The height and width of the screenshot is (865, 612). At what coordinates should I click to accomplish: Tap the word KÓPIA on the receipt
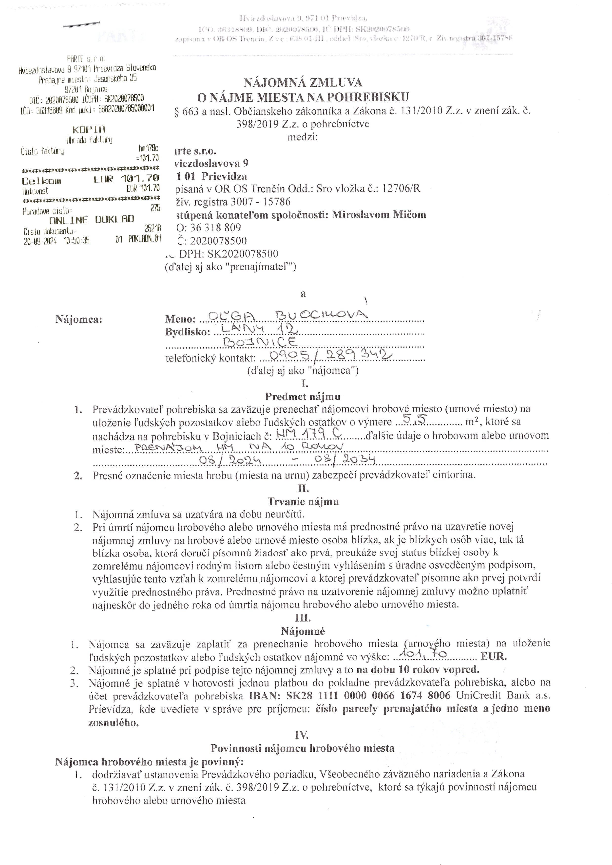pos(89,130)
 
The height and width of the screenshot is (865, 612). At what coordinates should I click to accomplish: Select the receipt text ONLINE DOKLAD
pos(92,219)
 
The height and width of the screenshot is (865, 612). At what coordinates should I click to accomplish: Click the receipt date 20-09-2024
pos(40,241)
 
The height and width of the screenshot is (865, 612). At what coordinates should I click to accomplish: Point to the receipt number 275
pos(155,208)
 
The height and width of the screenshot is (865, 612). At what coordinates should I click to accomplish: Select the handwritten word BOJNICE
pos(260,342)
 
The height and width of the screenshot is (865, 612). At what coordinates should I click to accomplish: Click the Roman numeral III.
pos(303,618)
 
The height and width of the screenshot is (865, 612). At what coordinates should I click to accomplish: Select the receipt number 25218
pos(153,228)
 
